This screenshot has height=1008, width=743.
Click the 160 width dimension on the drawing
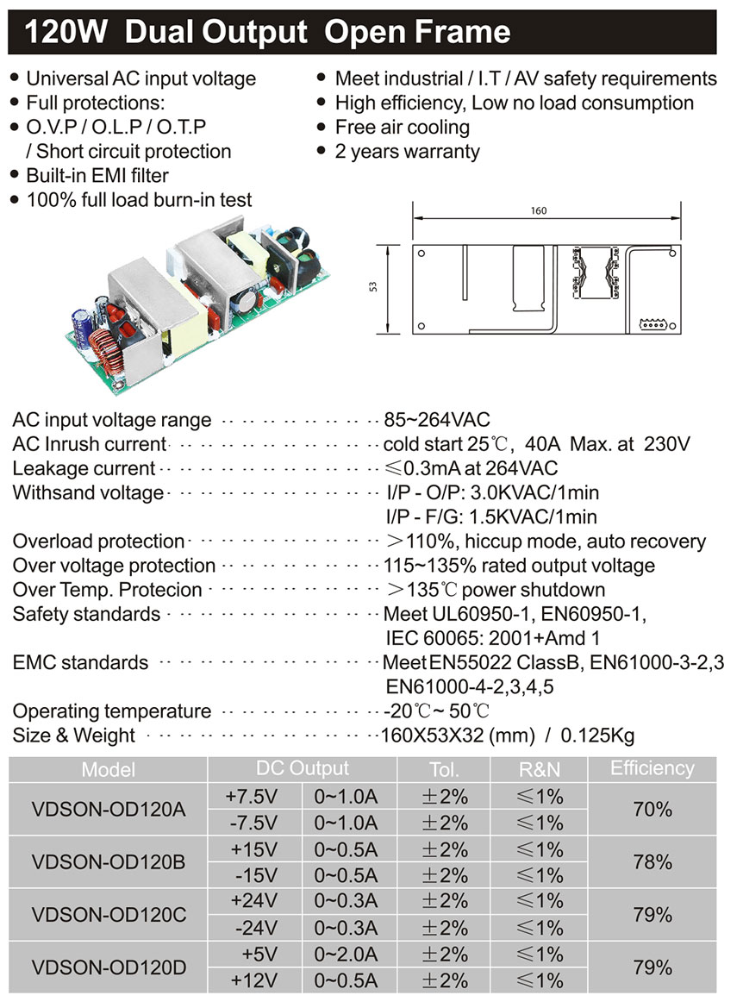tap(540, 211)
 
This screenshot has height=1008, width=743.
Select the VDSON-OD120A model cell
tap(109, 810)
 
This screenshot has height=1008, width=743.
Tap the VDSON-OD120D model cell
tap(109, 967)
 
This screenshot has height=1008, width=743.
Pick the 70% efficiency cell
tap(652, 810)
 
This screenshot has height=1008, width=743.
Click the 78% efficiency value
tap(652, 862)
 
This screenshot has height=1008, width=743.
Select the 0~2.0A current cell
tap(346, 955)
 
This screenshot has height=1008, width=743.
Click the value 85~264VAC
tap(436, 420)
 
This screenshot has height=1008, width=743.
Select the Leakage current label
tap(84, 468)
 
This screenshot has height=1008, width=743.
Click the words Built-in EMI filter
tap(97, 175)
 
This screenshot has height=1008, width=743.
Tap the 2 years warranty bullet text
tap(407, 151)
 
